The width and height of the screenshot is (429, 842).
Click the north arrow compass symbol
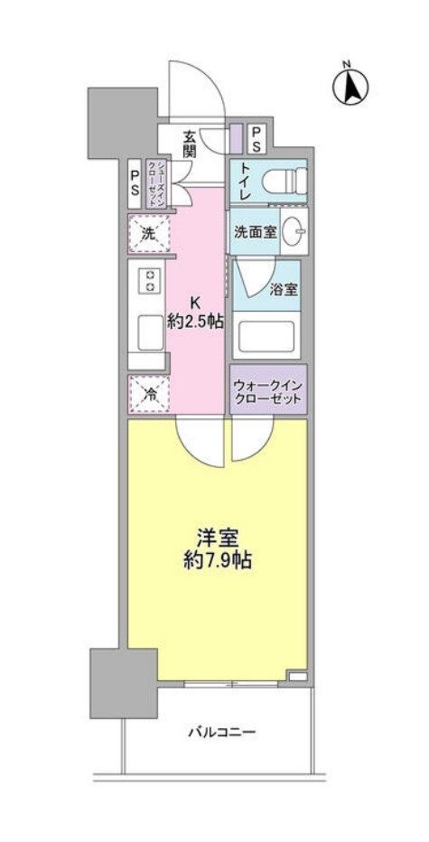pyautogui.click(x=350, y=85)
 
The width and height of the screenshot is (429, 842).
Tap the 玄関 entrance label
pyautogui.click(x=189, y=143)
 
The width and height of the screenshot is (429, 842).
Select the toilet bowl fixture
pyautogui.click(x=294, y=179)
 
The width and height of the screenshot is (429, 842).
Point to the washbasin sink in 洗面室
pyautogui.click(x=294, y=231)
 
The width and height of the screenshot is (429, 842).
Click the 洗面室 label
pyautogui.click(x=255, y=232)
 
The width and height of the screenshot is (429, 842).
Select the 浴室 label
pyautogui.click(x=284, y=289)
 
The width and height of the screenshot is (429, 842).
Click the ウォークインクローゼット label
pyautogui.click(x=268, y=393)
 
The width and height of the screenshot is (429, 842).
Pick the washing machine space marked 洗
pyautogui.click(x=149, y=233)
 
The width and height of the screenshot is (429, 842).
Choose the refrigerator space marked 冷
pyautogui.click(x=149, y=394)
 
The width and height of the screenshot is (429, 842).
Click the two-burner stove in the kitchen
pyautogui.click(x=150, y=280)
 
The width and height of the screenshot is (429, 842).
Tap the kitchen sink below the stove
pyautogui.click(x=151, y=332)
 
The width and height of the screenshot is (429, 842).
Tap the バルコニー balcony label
pyautogui.click(x=223, y=732)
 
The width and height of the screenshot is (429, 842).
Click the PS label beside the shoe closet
pyautogui.click(x=135, y=183)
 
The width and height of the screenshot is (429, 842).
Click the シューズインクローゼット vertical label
pyautogui.click(x=155, y=184)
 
